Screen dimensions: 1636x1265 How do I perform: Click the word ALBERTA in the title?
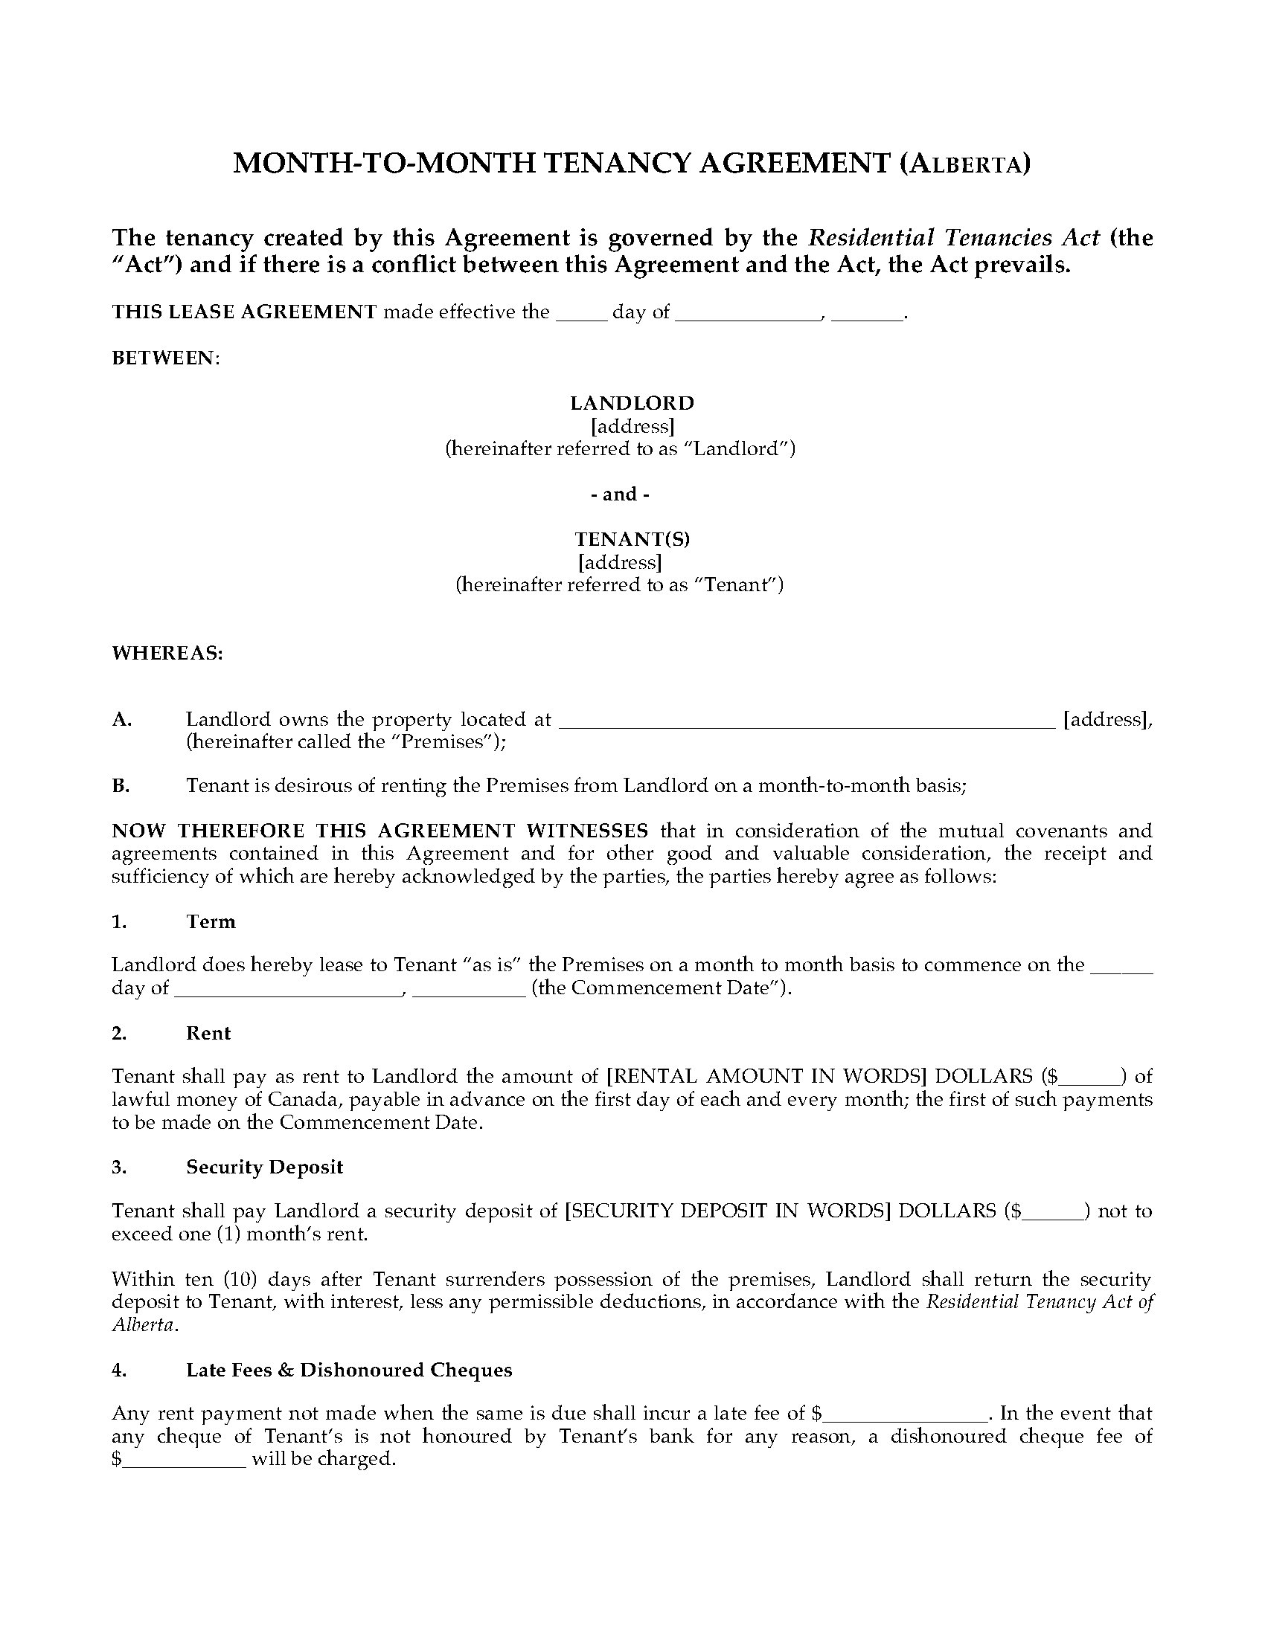pyautogui.click(x=965, y=164)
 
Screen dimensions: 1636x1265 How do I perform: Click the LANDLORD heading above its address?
pyautogui.click(x=632, y=403)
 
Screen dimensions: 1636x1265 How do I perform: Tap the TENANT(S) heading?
pyautogui.click(x=632, y=538)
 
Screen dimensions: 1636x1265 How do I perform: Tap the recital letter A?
pyautogui.click(x=121, y=720)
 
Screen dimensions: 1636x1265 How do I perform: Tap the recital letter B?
pyautogui.click(x=121, y=786)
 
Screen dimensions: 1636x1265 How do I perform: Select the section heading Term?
pyautogui.click(x=211, y=921)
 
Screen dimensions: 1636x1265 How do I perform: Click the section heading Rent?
pyautogui.click(x=208, y=1033)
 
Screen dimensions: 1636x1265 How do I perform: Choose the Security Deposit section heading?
pyautogui.click(x=265, y=1167)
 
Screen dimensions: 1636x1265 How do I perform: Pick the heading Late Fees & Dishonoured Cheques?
pyautogui.click(x=349, y=1370)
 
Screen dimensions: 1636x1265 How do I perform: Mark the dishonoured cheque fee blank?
pyautogui.click(x=184, y=1459)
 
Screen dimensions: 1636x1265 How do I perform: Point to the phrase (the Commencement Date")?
pyautogui.click(x=661, y=988)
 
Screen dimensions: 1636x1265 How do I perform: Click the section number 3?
pyautogui.click(x=119, y=1167)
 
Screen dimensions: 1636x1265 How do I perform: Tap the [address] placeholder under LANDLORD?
pyautogui.click(x=632, y=426)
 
